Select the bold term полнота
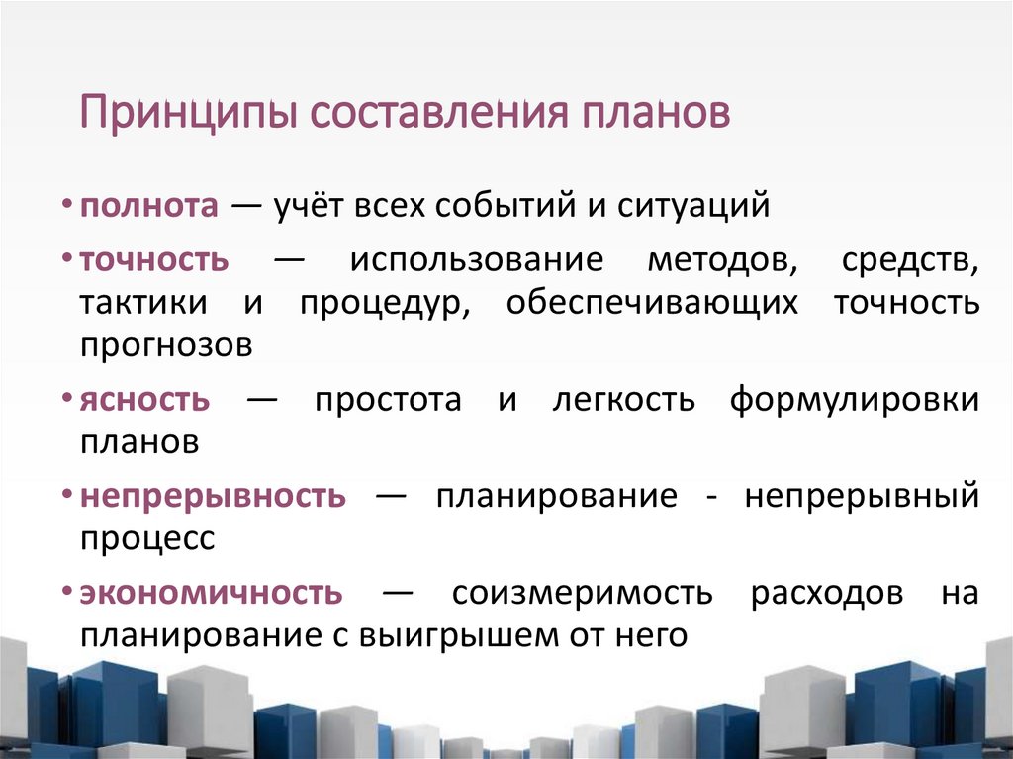pyautogui.click(x=148, y=206)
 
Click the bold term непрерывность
pyautogui.click(x=213, y=496)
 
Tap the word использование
pyautogui.click(x=475, y=261)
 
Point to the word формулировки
pyautogui.click(x=856, y=400)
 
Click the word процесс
pyautogui.click(x=147, y=539)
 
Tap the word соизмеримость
pyautogui.click(x=582, y=593)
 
